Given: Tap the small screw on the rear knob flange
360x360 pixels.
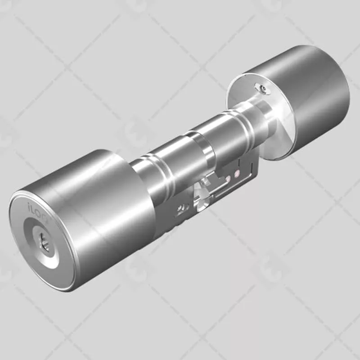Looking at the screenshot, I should click(x=263, y=88).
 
